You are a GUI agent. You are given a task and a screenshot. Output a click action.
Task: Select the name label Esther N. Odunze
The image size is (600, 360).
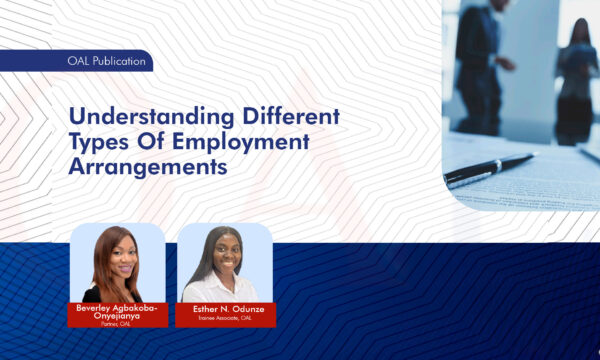pos(226,308)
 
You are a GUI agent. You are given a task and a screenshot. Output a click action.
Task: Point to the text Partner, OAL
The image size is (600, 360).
pos(118,324)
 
